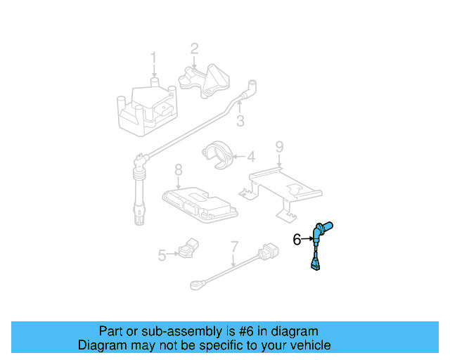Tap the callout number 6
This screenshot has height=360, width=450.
click(x=297, y=240)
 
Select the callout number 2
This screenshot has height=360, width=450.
click(x=194, y=49)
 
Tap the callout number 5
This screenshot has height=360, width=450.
click(x=162, y=255)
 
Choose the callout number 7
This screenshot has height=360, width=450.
click(x=234, y=247)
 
